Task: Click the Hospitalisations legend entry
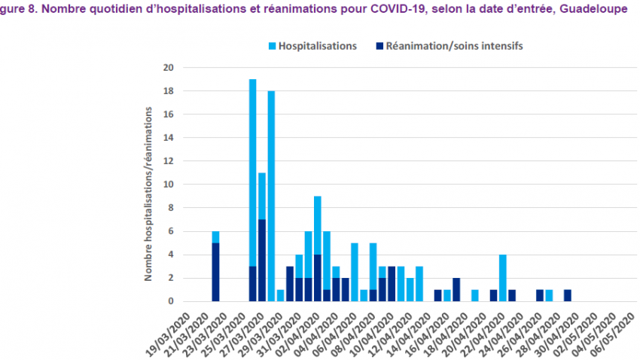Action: pos(317,45)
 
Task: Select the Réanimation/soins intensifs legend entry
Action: pos(454,45)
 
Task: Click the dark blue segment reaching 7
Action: pos(261,260)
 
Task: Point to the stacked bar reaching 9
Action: pos(318,226)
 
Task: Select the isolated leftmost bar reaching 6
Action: pos(215,271)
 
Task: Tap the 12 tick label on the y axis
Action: pos(168,161)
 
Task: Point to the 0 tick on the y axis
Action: pos(170,301)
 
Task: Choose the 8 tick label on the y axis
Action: pos(170,208)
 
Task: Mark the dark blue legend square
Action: pos(379,46)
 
